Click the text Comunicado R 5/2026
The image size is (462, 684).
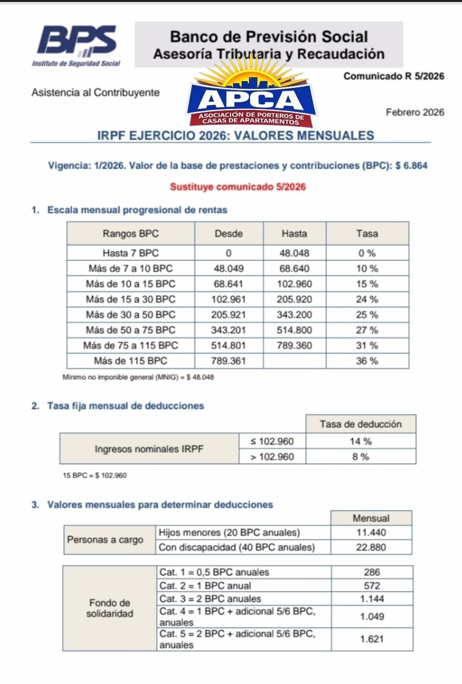(394, 77)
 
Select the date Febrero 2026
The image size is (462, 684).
(415, 112)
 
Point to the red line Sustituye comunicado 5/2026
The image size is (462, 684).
(238, 187)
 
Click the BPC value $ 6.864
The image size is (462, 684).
(412, 166)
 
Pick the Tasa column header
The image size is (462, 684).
(367, 234)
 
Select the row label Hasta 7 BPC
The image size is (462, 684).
(130, 253)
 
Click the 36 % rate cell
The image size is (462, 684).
(367, 361)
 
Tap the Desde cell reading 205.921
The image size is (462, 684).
(228, 315)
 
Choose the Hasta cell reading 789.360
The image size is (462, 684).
(294, 346)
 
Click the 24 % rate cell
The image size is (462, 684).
(367, 299)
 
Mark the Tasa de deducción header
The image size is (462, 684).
(360, 424)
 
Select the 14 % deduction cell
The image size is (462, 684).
(360, 441)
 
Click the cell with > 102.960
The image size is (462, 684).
(272, 457)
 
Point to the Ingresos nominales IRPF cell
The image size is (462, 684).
(149, 449)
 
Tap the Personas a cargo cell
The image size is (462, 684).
(105, 540)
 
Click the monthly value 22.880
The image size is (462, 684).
(371, 547)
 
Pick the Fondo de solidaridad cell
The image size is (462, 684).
(110, 608)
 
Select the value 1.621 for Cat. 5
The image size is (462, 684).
(372, 639)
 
